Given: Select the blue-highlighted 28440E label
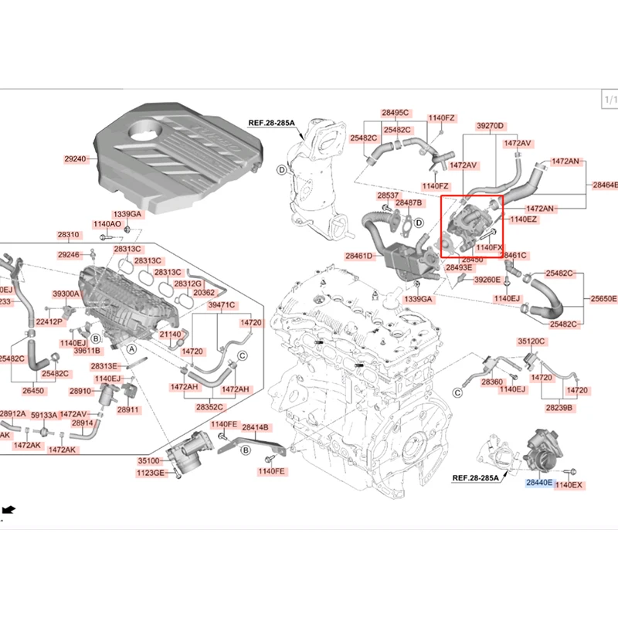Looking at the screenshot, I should [538, 483].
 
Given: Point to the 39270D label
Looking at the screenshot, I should [490, 125].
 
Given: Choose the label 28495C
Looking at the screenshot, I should [396, 113].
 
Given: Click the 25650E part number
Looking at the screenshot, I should [604, 298].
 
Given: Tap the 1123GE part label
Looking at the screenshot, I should [152, 472].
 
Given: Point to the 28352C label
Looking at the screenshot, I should [209, 406].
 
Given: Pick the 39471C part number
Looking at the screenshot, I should [221, 305].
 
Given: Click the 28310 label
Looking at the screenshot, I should [68, 235].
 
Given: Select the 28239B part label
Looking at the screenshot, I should [559, 406].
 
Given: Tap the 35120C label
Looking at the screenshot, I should [531, 341].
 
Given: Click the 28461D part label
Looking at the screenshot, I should [358, 255].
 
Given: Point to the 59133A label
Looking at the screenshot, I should [44, 414].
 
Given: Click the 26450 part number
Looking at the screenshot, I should [32, 391].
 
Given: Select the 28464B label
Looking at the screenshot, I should [605, 185].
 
